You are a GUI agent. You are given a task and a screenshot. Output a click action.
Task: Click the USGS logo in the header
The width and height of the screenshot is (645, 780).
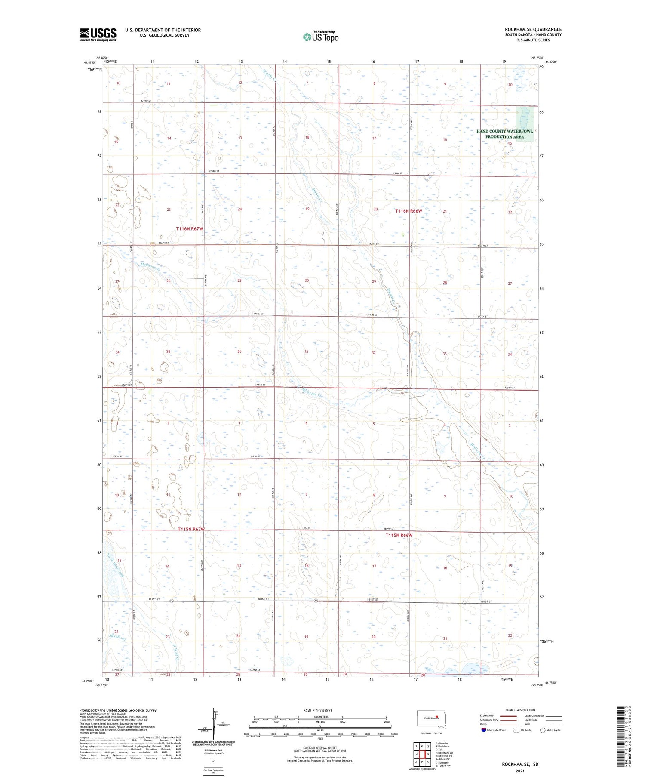(x=98, y=34)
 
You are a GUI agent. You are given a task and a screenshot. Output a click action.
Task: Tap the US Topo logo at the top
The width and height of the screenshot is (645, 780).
(x=320, y=37)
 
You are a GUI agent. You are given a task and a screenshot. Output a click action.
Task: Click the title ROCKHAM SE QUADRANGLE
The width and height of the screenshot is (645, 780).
(x=533, y=29)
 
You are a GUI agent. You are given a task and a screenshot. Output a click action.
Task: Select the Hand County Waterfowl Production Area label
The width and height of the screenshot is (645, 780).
(x=504, y=134)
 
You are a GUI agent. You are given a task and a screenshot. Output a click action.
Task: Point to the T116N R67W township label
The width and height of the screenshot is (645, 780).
(x=190, y=229)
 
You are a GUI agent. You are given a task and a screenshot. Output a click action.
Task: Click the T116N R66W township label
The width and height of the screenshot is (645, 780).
(x=409, y=211)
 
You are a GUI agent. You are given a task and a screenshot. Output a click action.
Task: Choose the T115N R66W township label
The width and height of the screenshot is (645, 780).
(x=399, y=535)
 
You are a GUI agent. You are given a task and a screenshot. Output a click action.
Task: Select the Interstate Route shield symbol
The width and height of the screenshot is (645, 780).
(x=484, y=730)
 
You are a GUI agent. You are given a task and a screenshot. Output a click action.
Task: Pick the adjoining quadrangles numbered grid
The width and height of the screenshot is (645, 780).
(x=422, y=754)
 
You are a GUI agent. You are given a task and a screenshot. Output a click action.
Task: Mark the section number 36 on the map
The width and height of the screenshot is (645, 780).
(x=239, y=351)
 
